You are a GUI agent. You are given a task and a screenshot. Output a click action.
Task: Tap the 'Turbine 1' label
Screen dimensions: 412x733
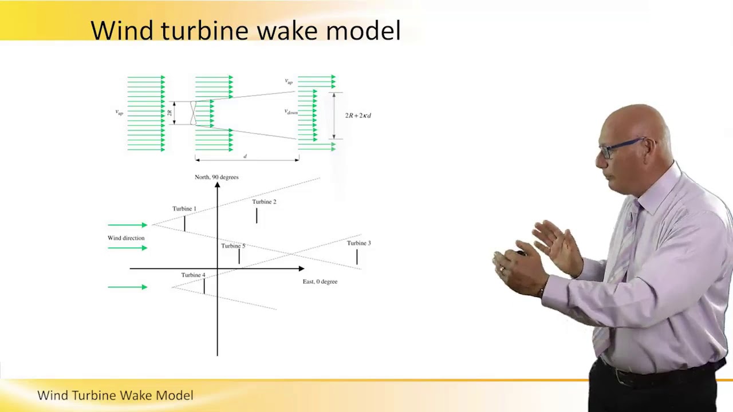pyautogui.click(x=184, y=209)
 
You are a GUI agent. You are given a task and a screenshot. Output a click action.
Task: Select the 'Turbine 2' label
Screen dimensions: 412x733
pyautogui.click(x=264, y=202)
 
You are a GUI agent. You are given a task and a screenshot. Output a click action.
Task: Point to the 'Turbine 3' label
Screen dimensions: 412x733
pyautogui.click(x=358, y=243)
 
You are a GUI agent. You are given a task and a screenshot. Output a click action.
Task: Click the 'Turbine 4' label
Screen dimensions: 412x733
pyautogui.click(x=193, y=275)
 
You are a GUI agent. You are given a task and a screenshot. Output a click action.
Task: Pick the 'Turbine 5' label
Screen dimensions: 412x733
pyautogui.click(x=233, y=246)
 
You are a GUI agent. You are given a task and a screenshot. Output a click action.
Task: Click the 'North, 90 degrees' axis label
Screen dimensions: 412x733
pyautogui.click(x=216, y=177)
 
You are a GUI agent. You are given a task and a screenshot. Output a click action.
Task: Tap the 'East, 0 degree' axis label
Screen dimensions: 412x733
pyautogui.click(x=320, y=282)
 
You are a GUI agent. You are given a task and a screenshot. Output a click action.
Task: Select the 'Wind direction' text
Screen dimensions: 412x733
pyautogui.click(x=126, y=238)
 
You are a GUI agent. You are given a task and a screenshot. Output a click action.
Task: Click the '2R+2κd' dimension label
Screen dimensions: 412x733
pyautogui.click(x=358, y=116)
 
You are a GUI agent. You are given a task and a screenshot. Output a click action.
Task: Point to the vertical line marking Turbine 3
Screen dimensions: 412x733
pyautogui.click(x=357, y=257)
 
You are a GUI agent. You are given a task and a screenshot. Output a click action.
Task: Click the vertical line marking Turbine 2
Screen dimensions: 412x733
pyautogui.click(x=257, y=216)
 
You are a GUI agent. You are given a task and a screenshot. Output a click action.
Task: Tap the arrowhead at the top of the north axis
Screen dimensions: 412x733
pyautogui.click(x=218, y=185)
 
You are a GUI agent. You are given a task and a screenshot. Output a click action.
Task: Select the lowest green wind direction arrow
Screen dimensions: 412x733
pyautogui.click(x=128, y=287)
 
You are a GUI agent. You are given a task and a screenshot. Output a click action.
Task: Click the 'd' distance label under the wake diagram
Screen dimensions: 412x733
pyautogui.click(x=245, y=156)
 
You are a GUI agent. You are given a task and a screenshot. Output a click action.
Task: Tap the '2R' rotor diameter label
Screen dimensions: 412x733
pyautogui.click(x=170, y=113)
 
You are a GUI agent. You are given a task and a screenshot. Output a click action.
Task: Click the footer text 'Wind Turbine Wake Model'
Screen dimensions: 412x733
pyautogui.click(x=115, y=395)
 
